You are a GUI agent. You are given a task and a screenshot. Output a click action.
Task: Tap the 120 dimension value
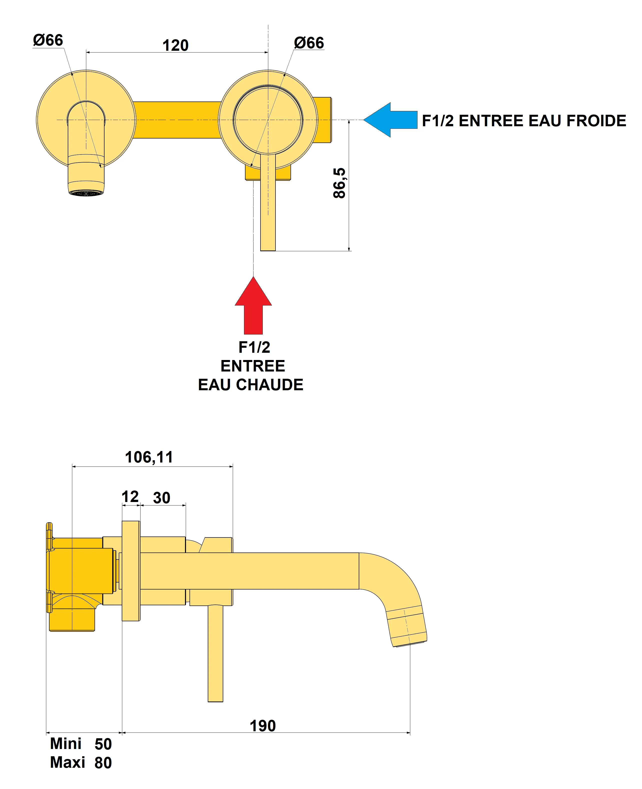(x=176, y=45)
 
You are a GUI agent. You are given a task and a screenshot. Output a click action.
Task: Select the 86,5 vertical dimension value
(x=339, y=183)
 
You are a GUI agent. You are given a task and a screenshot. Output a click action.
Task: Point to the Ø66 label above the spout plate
(x=48, y=40)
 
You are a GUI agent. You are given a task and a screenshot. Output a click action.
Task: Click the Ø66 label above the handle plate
(x=309, y=43)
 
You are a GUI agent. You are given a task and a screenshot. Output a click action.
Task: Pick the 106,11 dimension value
(x=149, y=457)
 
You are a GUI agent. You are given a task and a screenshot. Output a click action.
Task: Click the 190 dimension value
(x=262, y=726)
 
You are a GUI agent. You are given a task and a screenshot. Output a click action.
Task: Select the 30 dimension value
(x=161, y=498)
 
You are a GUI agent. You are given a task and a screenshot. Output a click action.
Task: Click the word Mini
(x=66, y=743)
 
